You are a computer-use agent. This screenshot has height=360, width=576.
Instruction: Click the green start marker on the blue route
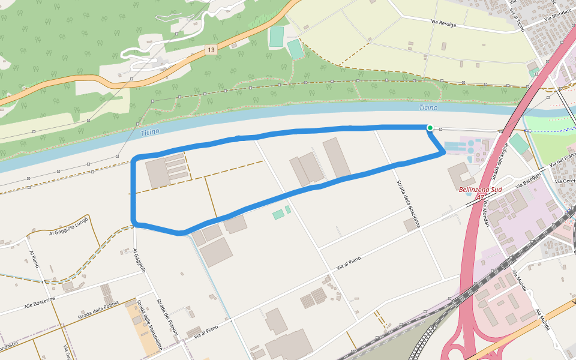pos(430,128)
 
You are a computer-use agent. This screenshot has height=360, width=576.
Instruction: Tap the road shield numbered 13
pos(209,50)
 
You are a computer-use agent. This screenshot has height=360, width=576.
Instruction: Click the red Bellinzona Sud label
pos(480,190)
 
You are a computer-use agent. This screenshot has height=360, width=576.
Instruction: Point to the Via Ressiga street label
pos(443,23)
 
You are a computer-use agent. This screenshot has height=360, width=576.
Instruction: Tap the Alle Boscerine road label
pos(40,303)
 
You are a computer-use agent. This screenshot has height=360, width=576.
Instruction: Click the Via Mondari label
pos(485,213)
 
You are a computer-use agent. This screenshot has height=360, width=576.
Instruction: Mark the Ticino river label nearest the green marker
pos(428,108)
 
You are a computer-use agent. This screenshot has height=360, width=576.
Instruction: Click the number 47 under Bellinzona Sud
pos(480,197)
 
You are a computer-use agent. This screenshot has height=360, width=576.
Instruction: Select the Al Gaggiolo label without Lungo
pos(140,260)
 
